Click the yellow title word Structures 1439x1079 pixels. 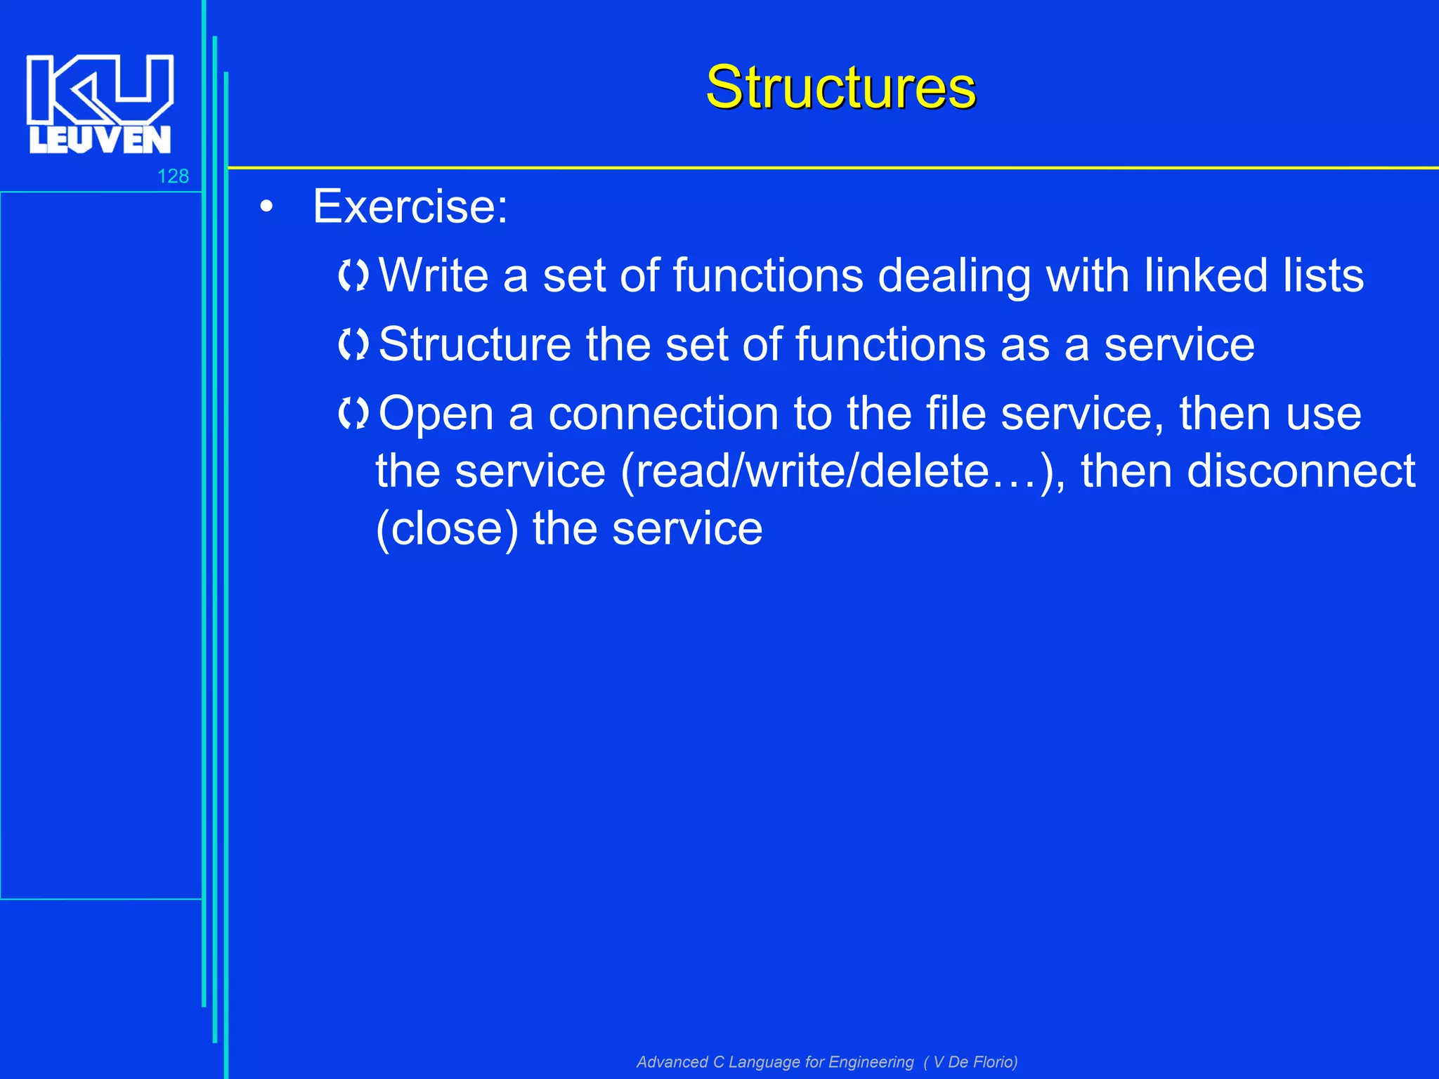pyautogui.click(x=840, y=87)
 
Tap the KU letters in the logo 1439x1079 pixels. pyautogui.click(x=100, y=88)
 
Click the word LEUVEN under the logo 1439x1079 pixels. pyautogui.click(x=100, y=140)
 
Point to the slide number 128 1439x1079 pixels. pyautogui.click(x=173, y=176)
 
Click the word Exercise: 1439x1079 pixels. pyautogui.click(x=410, y=207)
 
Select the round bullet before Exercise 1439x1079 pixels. pyautogui.click(x=266, y=207)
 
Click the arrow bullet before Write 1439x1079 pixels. pyautogui.click(x=353, y=275)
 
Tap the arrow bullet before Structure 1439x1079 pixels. pyautogui.click(x=353, y=344)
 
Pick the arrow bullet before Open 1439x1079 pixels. pyautogui.click(x=353, y=413)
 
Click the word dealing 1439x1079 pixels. pyautogui.click(x=954, y=276)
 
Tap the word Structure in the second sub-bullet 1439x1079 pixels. pyautogui.click(x=475, y=344)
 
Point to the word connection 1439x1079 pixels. pyautogui.click(x=663, y=413)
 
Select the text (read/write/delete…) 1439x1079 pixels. pyautogui.click(x=840, y=471)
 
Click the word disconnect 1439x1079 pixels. pyautogui.click(x=1301, y=471)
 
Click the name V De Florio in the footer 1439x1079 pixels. pyautogui.click(x=972, y=1061)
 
